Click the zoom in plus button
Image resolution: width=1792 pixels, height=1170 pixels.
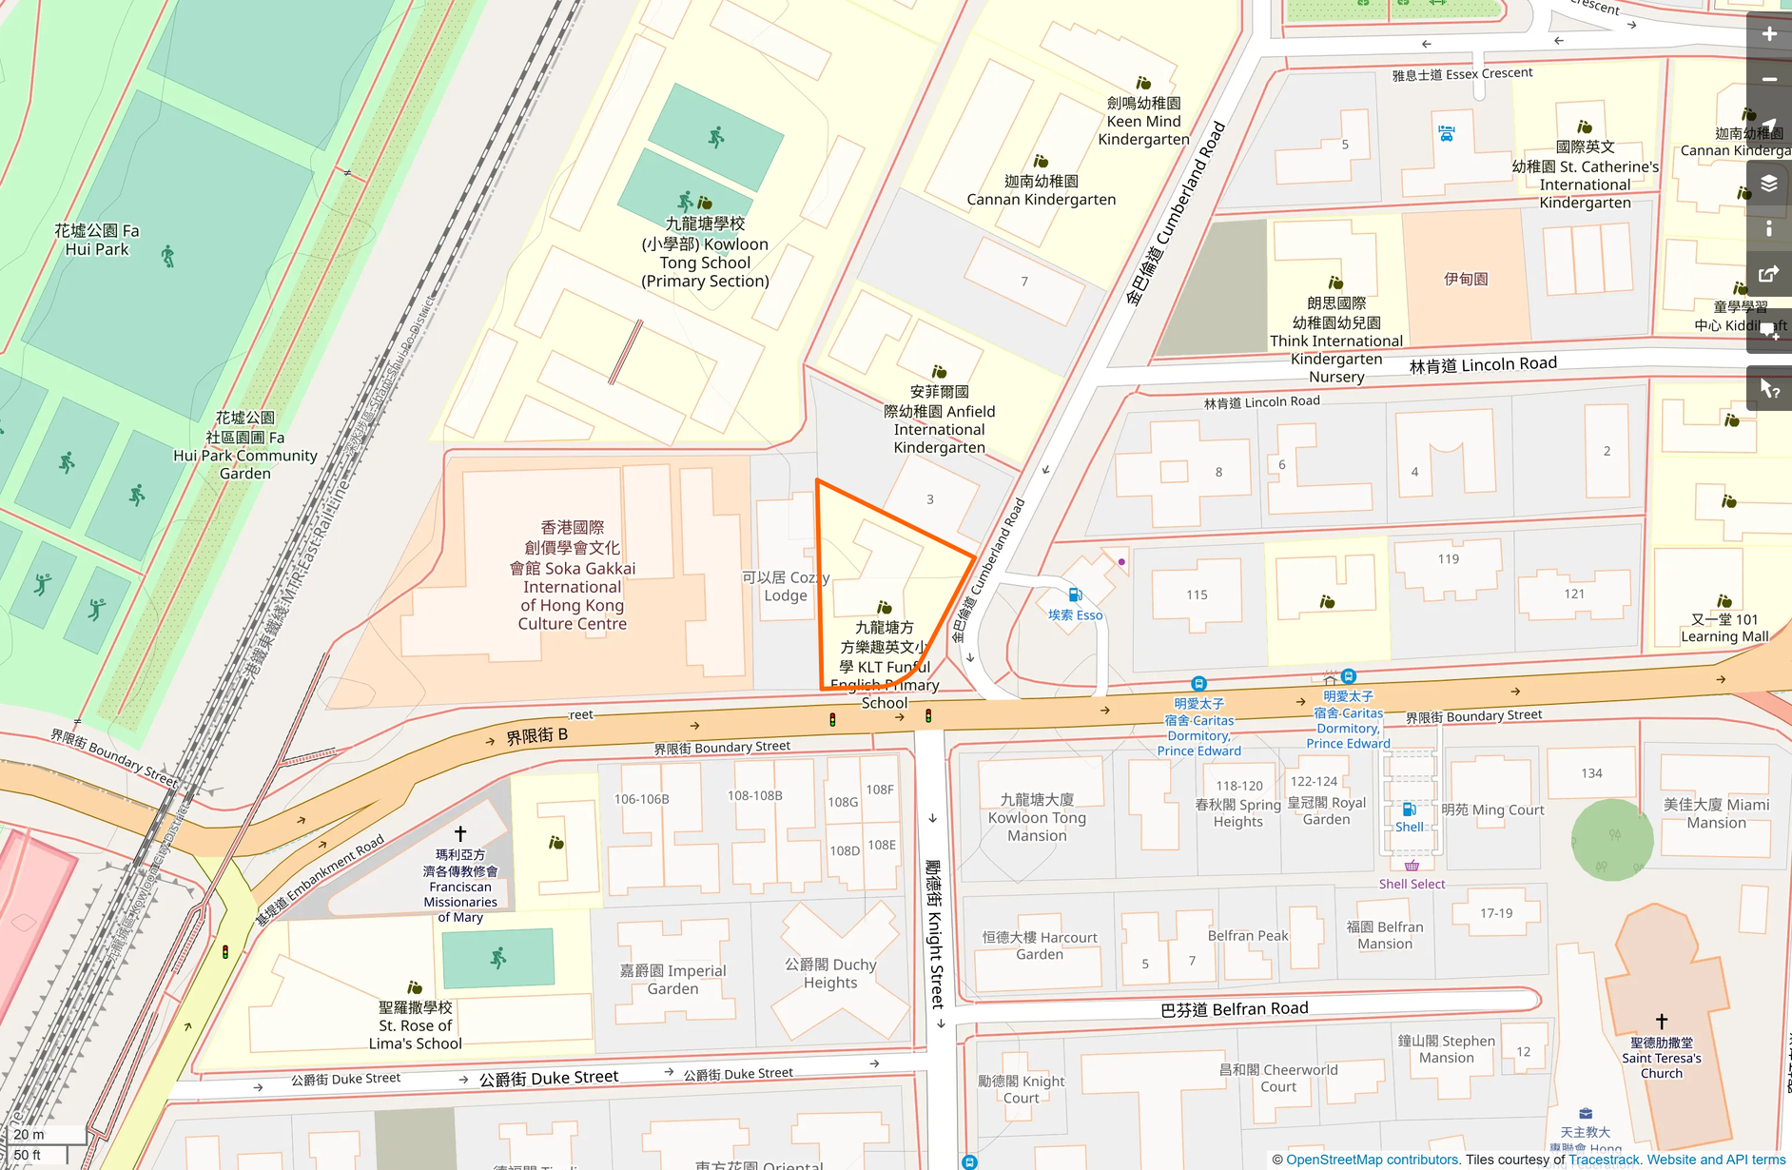coord(1768,34)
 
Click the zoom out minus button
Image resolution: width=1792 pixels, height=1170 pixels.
coord(1768,80)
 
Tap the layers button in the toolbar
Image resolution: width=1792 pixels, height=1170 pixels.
coord(1768,183)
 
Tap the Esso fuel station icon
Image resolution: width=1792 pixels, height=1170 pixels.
coord(1075,595)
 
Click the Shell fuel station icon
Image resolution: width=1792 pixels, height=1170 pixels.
coord(1410,809)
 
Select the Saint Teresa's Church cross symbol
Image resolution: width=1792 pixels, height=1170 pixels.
coord(1662,1021)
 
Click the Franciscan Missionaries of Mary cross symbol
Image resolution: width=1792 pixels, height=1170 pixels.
coord(460,833)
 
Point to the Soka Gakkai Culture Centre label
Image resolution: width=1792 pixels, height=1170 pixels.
coord(572,575)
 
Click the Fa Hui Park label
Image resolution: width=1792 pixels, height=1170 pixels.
coord(97,240)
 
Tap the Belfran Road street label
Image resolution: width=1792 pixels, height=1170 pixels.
coord(1234,1009)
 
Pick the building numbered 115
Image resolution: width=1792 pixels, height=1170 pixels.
coord(1197,595)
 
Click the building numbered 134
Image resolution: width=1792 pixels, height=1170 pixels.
coord(1591,773)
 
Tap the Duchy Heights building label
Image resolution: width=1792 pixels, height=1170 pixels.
coord(830,973)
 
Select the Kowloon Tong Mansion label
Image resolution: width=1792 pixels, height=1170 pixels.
coord(1037,817)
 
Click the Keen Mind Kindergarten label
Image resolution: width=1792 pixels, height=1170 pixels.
coord(1143,121)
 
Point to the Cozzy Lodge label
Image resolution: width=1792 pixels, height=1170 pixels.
coord(786,586)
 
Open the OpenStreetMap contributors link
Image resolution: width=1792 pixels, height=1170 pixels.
coord(1373,1160)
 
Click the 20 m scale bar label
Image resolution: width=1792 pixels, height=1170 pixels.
coord(29,1134)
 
